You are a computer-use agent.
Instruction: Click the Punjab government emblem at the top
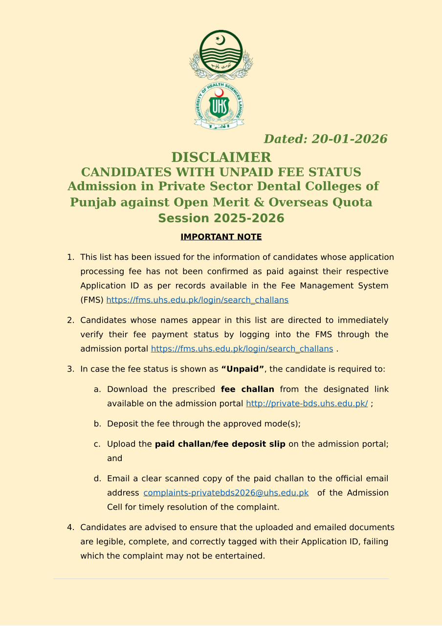pos(221,54)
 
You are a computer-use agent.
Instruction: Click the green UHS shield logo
pos(219,106)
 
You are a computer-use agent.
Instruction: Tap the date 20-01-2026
pos(349,139)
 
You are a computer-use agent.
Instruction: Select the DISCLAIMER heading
pos(221,157)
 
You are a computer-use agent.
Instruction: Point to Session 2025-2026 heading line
pos(221,218)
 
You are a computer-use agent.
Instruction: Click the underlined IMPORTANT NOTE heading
pos(221,237)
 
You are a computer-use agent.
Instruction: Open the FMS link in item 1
pos(197,300)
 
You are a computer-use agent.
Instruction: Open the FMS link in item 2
pos(242,349)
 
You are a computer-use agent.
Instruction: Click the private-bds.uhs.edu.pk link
pos(307,404)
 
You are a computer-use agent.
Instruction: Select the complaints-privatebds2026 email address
pos(226,493)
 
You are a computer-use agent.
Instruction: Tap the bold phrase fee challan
pos(247,390)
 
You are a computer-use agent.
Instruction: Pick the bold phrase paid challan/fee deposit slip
pos(220,444)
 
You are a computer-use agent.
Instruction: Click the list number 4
pos(70,528)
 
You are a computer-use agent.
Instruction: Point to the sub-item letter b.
pos(97,424)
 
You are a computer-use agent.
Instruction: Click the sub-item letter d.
pos(97,479)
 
